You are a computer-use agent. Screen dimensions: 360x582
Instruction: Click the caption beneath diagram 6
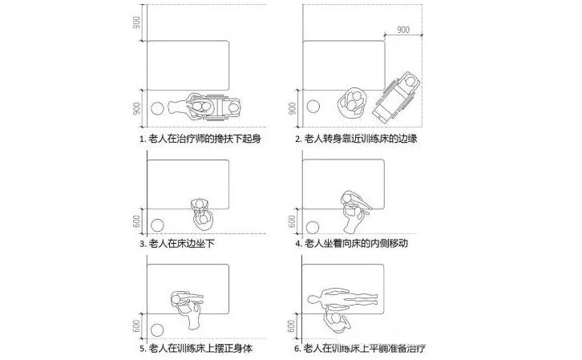pyautogui.click(x=360, y=349)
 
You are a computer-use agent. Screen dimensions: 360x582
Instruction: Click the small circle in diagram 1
pyautogui.click(x=159, y=109)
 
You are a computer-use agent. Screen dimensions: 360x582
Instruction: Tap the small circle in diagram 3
pyautogui.click(x=158, y=225)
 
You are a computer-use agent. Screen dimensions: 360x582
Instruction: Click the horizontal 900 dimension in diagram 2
pyautogui.click(x=402, y=30)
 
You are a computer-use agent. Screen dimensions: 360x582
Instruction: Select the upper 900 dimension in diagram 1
pyautogui.click(x=137, y=23)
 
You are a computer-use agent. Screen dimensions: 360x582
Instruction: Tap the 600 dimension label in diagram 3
pyautogui.click(x=137, y=219)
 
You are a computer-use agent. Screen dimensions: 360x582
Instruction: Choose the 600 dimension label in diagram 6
pyautogui.click(x=292, y=325)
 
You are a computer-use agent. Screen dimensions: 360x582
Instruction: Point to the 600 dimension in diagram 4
pyautogui.click(x=292, y=219)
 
